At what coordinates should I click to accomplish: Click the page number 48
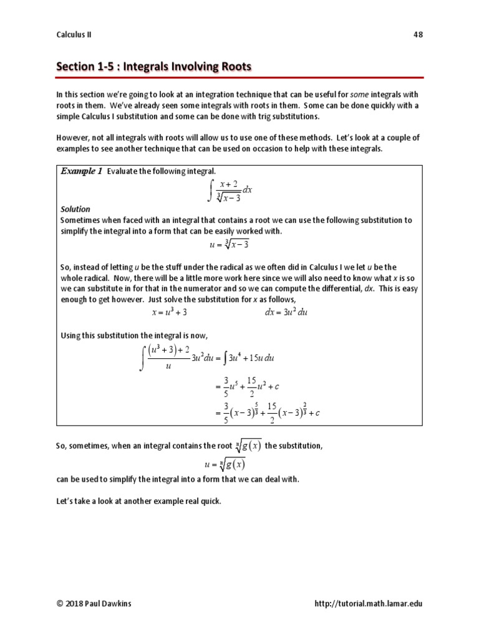click(418, 35)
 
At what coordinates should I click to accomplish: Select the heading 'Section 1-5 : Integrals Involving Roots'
click(154, 66)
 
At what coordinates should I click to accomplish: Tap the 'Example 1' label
click(81, 171)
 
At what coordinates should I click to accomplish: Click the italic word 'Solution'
click(75, 209)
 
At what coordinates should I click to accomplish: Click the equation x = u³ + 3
click(170, 312)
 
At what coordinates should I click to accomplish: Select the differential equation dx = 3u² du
click(286, 312)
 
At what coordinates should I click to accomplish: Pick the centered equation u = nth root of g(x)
click(225, 464)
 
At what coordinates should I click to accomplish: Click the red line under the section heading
click(239, 77)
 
